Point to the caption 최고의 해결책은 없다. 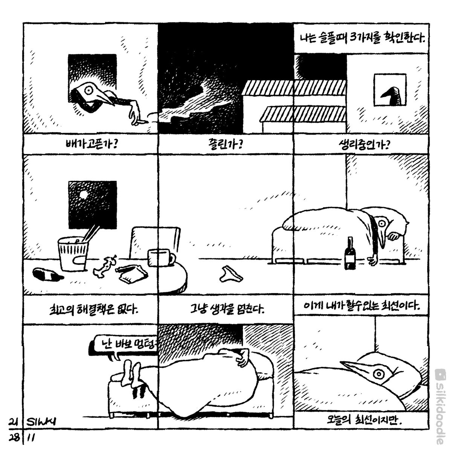coord(90,310)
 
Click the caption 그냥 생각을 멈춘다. coord(225,310)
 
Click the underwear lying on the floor coord(228,273)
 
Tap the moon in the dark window coord(84,195)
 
